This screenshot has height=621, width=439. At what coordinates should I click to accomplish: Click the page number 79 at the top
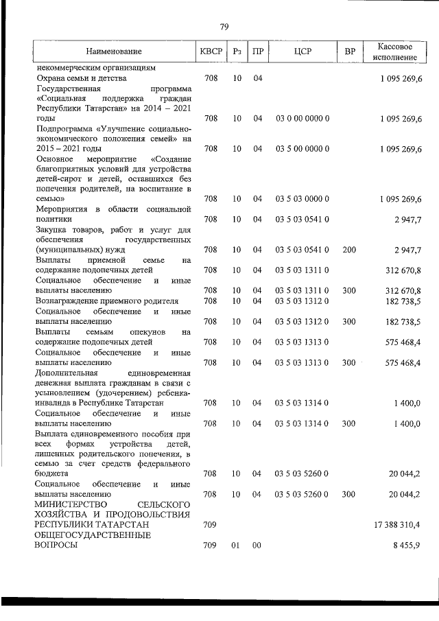pyautogui.click(x=224, y=27)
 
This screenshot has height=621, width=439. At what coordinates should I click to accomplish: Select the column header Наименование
pyautogui.click(x=114, y=52)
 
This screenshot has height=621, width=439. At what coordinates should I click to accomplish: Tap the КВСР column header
pyautogui.click(x=211, y=52)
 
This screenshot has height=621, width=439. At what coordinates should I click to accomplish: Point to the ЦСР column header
pyautogui.click(x=302, y=52)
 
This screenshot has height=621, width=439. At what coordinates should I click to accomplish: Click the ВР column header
pyautogui.click(x=349, y=52)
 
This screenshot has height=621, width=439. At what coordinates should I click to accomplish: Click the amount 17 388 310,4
pyautogui.click(x=396, y=525)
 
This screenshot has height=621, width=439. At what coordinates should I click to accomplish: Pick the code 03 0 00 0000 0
pyautogui.click(x=302, y=118)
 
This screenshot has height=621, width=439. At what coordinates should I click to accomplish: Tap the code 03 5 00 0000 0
pyautogui.click(x=302, y=148)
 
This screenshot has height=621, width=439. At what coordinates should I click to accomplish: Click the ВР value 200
pyautogui.click(x=349, y=250)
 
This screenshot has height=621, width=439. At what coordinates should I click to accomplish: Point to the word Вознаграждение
pyautogui.click(x=69, y=301)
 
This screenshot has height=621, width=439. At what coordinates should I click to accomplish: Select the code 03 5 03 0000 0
pyautogui.click(x=302, y=199)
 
